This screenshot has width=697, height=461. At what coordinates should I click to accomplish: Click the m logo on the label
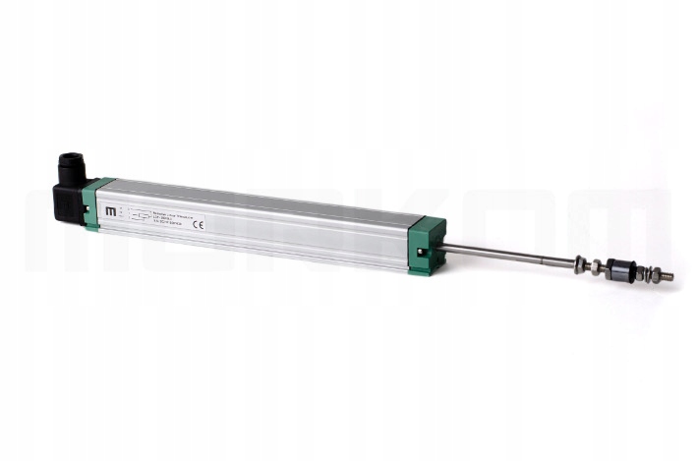point(110,210)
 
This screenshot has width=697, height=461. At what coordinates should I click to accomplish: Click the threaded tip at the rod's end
point(666,276)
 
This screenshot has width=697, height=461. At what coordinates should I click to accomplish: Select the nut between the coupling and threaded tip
point(647,273)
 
